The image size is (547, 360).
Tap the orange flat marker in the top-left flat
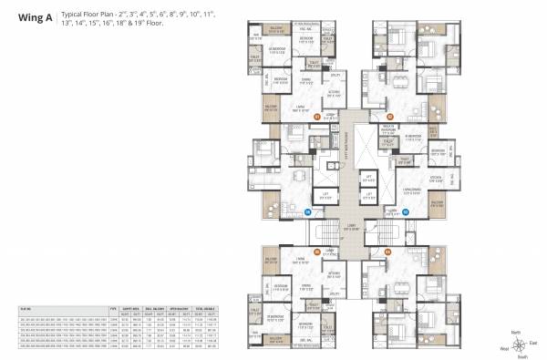pyautogui.click(x=317, y=117)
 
